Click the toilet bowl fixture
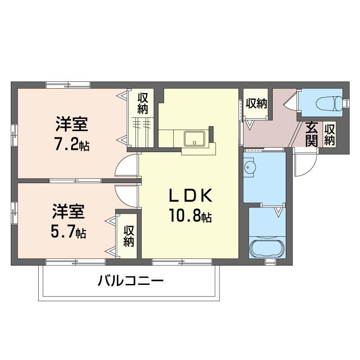[329, 104]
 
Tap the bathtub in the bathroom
[267, 249]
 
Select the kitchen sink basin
[194, 138]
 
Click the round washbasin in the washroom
[250, 166]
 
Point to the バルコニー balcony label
[130, 280]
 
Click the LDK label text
[190, 196]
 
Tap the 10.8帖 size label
[190, 216]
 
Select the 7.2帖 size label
[72, 144]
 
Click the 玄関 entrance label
[311, 134]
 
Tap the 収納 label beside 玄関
[329, 134]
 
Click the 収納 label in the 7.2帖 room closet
[143, 103]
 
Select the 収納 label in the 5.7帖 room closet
[129, 236]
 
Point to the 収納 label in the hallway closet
[256, 103]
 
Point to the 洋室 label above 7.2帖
[72, 124]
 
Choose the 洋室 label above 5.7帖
[68, 211]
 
